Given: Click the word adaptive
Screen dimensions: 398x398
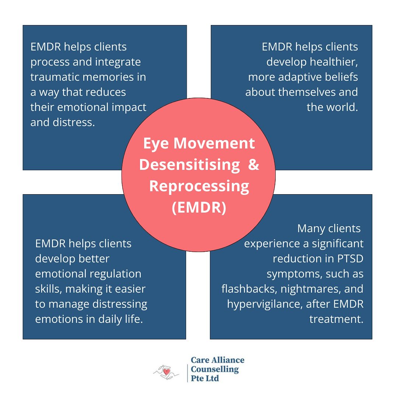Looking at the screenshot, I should [x=299, y=77].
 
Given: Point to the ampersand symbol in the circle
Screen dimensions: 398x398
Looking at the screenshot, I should [x=254, y=165].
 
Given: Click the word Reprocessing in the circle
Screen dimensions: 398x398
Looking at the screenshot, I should [x=199, y=186].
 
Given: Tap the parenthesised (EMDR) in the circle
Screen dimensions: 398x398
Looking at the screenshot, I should [x=199, y=207].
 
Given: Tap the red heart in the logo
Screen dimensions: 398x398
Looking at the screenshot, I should [x=167, y=372].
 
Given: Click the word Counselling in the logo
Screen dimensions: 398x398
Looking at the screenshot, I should [x=215, y=369].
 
